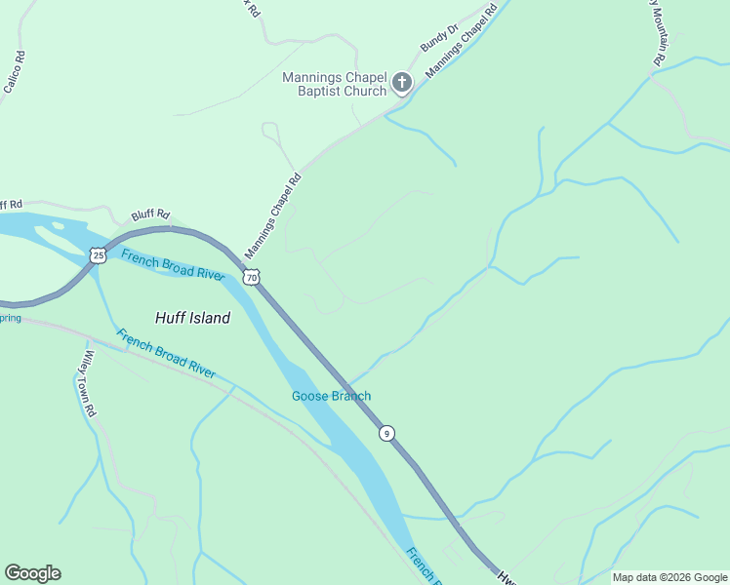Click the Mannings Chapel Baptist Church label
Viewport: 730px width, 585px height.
click(335, 84)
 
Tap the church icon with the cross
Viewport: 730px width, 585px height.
click(401, 83)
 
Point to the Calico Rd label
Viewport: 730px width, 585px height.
click(14, 71)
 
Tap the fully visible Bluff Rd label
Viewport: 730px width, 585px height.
click(150, 214)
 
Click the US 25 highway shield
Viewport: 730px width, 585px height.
click(97, 255)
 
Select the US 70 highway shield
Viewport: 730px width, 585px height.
click(252, 277)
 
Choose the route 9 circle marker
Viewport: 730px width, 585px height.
click(387, 433)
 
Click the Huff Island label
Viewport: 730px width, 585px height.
click(193, 318)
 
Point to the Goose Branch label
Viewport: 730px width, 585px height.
click(331, 396)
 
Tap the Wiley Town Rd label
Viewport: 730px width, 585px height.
click(90, 384)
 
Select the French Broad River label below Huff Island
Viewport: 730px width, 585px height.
click(166, 354)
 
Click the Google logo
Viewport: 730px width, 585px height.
click(32, 573)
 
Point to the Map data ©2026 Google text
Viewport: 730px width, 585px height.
click(669, 577)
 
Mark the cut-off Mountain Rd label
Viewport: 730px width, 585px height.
click(659, 33)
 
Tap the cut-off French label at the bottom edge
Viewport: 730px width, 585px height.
click(422, 565)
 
